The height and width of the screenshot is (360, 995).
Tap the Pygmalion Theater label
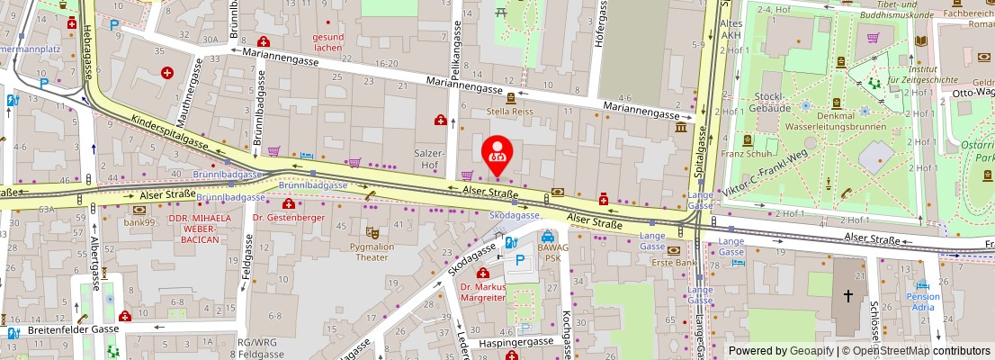[x=372, y=251]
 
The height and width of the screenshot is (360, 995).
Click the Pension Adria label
[x=923, y=301]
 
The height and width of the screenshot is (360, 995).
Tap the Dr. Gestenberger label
[x=288, y=218]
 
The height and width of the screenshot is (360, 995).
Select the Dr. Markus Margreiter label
[x=483, y=292]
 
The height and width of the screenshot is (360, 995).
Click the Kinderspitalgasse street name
[x=170, y=132]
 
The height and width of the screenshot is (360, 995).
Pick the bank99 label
[x=139, y=221]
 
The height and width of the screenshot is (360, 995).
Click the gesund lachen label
[x=327, y=41]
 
